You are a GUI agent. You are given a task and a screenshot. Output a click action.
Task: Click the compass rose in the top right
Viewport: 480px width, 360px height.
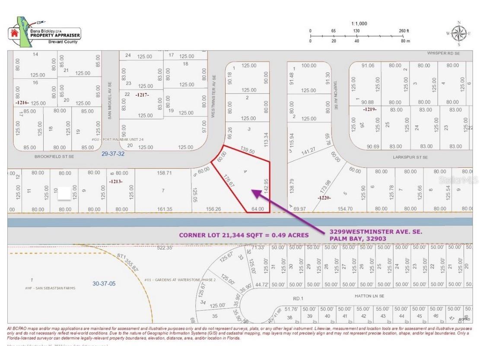pos(458,33)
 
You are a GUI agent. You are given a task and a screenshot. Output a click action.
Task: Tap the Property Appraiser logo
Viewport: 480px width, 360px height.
pos(44,33)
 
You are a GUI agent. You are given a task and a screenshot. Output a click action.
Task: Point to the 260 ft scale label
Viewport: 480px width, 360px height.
pos(404,31)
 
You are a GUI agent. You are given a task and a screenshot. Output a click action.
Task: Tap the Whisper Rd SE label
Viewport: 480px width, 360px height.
pos(443,53)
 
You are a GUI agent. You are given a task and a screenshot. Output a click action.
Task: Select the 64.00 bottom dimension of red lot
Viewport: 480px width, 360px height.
pos(258,209)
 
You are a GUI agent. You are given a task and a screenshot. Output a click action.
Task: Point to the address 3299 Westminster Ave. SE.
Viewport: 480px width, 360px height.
pos(375,232)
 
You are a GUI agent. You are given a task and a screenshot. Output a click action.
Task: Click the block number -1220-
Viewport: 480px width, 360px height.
pos(324,198)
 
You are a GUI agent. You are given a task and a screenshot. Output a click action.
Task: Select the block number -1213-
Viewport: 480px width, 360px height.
pos(116,181)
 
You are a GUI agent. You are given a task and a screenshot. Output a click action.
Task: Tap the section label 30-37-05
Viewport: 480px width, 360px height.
pos(105,284)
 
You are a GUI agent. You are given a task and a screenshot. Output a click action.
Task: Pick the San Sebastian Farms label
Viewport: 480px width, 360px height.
pos(50,288)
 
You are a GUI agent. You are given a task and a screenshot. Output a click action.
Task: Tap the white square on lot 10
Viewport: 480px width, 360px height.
pos(64,193)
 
